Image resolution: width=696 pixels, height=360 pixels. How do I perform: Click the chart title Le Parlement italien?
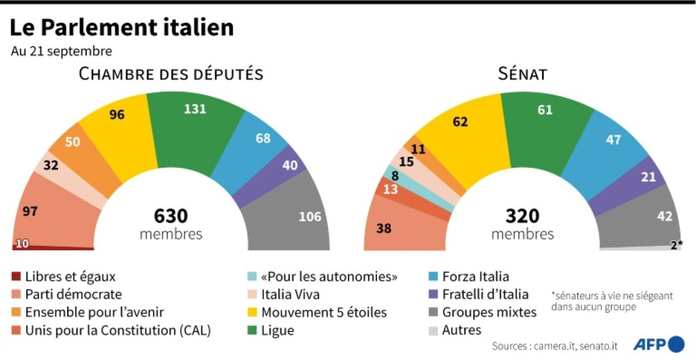[x=122, y=27]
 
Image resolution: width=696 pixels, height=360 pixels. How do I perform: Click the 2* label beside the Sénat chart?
[x=676, y=245]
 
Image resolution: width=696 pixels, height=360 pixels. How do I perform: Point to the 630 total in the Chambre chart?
[x=171, y=216]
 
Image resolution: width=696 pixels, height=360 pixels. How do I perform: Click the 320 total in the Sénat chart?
[x=522, y=216]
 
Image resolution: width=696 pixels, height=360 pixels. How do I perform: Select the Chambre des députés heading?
[x=171, y=74]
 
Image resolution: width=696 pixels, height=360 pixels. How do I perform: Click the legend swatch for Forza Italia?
[x=434, y=277]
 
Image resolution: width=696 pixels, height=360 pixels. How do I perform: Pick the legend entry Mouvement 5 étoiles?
[x=324, y=312]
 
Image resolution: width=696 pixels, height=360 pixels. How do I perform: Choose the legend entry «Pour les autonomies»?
[x=329, y=277]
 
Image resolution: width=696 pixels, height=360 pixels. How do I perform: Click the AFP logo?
[x=660, y=344]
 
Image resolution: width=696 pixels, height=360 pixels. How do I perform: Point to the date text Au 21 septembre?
[x=61, y=51]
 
